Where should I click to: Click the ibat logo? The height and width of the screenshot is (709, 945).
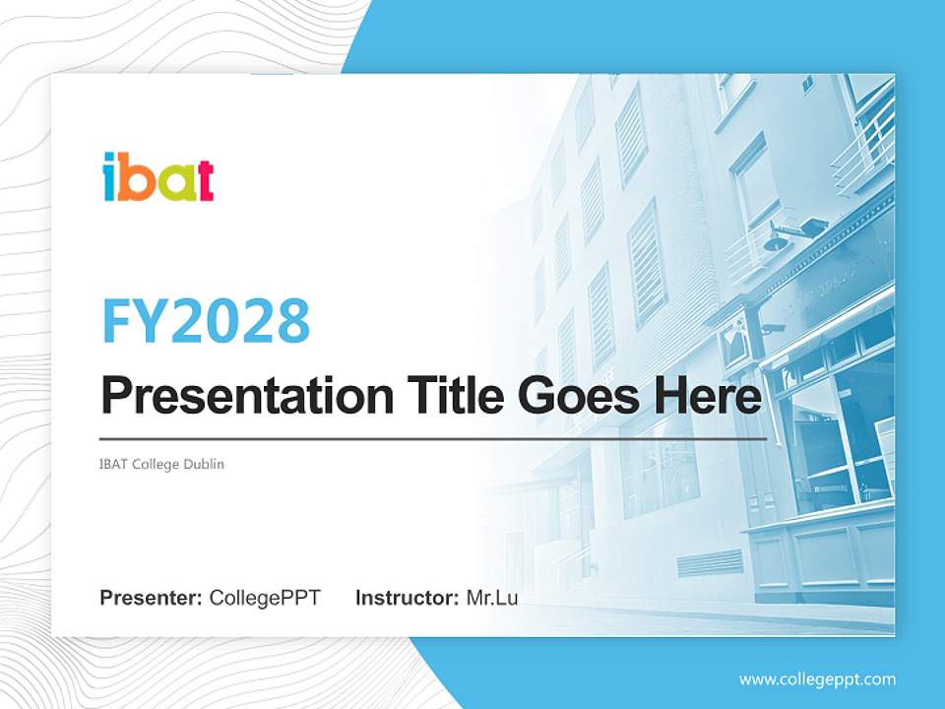point(157,177)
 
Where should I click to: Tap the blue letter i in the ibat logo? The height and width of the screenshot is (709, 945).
point(110,178)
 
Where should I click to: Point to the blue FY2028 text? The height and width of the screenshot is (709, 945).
point(206,321)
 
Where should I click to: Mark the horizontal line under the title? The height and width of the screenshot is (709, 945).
point(433,438)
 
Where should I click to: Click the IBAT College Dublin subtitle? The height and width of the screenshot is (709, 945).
point(162,464)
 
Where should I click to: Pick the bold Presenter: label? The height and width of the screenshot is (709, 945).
point(152,598)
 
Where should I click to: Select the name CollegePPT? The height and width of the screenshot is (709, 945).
point(265,598)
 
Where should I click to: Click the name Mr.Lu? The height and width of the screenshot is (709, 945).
point(492,598)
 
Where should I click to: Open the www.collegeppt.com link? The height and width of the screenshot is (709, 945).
point(817,678)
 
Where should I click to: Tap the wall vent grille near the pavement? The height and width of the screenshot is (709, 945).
point(710,563)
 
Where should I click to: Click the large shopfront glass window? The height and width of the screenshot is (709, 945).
point(837,433)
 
